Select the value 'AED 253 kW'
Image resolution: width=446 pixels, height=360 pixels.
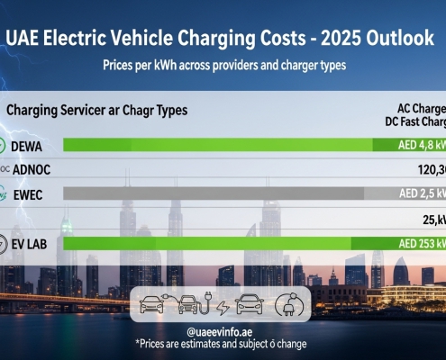point(414,243)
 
